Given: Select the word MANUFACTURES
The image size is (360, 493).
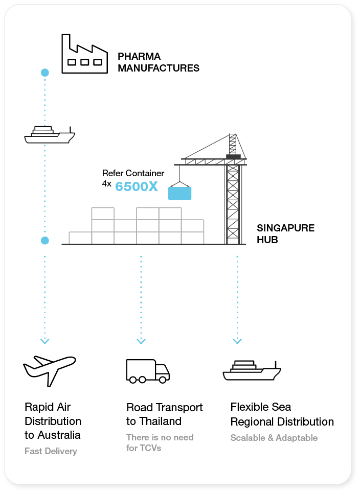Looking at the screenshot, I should coord(159,67).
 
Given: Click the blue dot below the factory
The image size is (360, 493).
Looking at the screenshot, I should coord(45,73).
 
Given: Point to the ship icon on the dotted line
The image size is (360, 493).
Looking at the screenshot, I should coord(50,134).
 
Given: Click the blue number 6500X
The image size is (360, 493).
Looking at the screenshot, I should coord(137,186).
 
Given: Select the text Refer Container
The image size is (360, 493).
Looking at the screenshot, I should coord(133,173).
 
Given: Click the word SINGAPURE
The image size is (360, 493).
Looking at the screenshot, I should coord(285,228).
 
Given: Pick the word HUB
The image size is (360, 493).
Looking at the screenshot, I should coord(267,239).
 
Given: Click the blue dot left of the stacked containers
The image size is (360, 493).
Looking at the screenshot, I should coord(45,240).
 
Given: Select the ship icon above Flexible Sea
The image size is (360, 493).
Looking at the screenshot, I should coord(252,370).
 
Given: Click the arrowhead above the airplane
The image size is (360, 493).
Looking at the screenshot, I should coord(45,341).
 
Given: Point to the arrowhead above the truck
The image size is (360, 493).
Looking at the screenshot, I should coord(141,341).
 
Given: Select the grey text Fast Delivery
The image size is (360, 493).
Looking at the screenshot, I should coord(51,451).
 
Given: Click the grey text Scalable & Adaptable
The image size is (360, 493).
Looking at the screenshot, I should coord(274,438).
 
